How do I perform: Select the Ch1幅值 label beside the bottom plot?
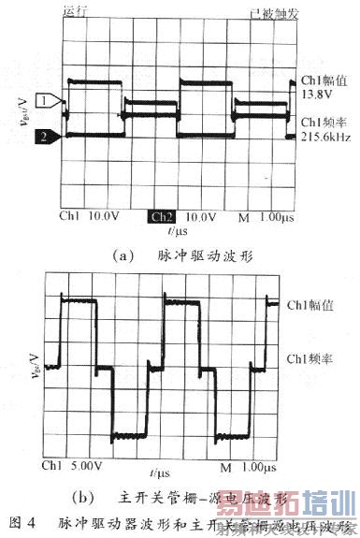(x=310, y=305)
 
